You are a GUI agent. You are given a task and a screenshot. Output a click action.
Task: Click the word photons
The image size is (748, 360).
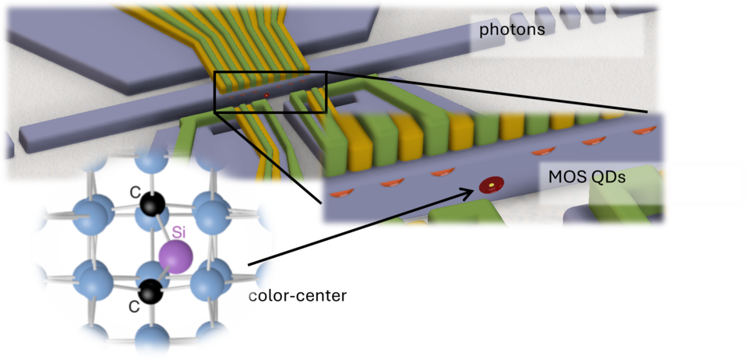(511, 30)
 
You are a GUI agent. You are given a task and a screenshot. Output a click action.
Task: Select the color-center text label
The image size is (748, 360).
(297, 296)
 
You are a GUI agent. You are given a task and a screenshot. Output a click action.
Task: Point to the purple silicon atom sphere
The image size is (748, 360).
(175, 256)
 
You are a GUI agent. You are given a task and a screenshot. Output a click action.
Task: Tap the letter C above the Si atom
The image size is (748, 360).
(135, 189)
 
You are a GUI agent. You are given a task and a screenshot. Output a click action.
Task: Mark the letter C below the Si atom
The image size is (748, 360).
(133, 307)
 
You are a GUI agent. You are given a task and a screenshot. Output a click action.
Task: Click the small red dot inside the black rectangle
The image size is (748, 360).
(266, 95)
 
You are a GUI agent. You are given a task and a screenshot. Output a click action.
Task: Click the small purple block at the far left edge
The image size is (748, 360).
(5, 143)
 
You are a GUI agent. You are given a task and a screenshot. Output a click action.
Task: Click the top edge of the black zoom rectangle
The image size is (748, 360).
(270, 72)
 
